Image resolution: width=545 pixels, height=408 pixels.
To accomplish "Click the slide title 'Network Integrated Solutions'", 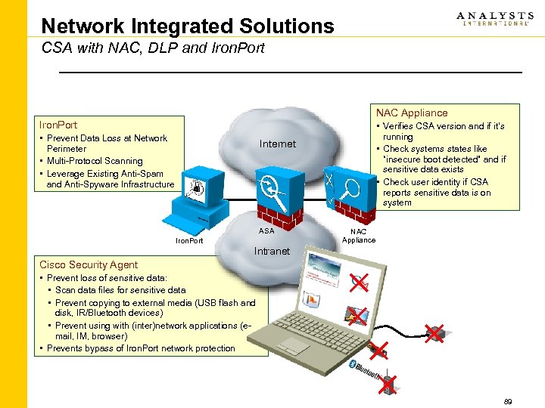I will [x=187, y=26].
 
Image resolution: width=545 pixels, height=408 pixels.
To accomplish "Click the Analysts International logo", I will [x=494, y=19].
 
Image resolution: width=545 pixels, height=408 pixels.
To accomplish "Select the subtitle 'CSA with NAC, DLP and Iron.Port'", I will [x=153, y=49].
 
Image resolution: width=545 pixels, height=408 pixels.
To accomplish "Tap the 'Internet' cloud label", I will [x=277, y=144].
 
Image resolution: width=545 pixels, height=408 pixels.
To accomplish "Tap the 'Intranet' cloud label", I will [x=272, y=251].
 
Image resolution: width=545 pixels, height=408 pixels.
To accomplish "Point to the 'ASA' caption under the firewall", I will [x=266, y=231].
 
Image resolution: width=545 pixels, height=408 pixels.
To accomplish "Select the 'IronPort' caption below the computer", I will [x=189, y=241].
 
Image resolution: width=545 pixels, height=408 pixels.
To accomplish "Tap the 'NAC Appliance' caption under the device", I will [x=359, y=236].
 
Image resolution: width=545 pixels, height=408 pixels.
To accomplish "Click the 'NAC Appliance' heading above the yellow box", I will [x=412, y=113].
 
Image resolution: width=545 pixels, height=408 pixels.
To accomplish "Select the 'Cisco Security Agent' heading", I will [x=89, y=264].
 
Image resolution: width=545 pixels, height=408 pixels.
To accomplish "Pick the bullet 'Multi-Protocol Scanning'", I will [x=95, y=161].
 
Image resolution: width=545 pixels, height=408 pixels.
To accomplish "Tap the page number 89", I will [x=507, y=402].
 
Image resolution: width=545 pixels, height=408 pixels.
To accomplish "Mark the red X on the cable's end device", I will [x=434, y=332].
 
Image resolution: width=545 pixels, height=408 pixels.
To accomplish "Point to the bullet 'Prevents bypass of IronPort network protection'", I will [x=140, y=348].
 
